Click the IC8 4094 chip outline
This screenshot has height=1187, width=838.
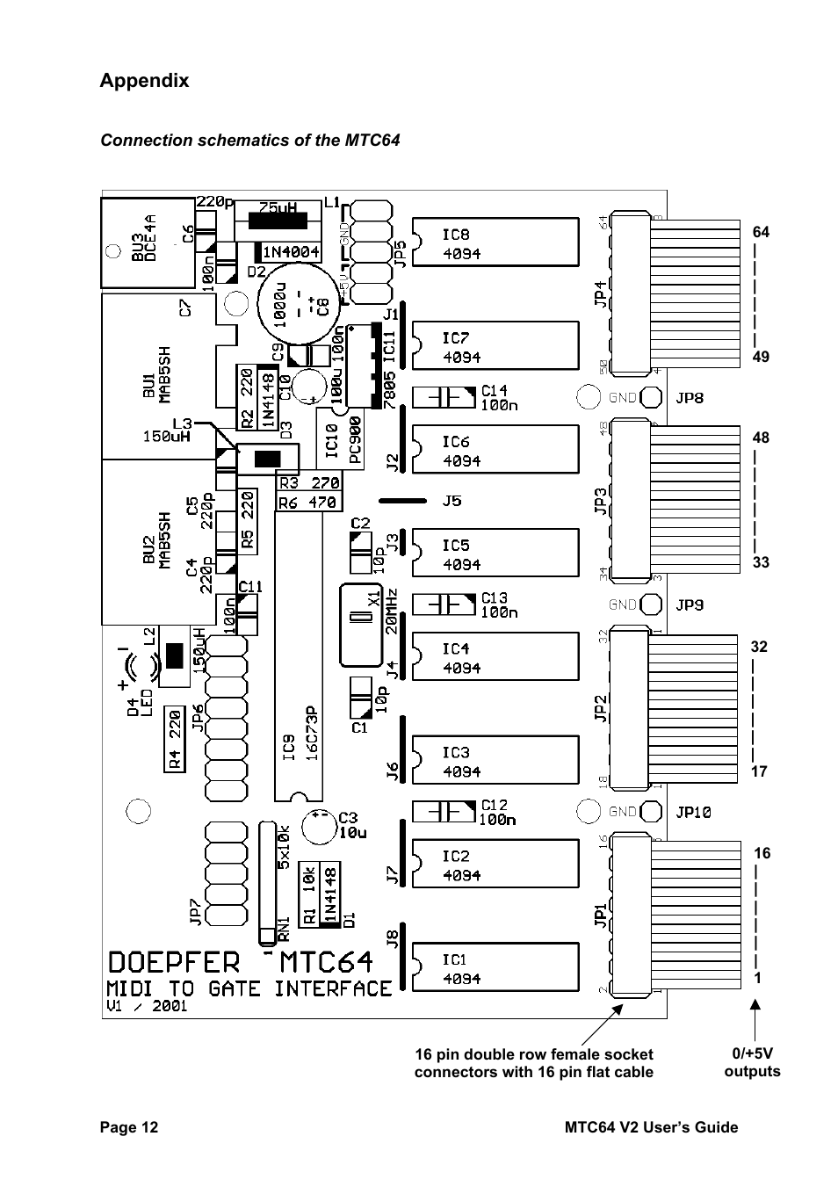click(x=495, y=242)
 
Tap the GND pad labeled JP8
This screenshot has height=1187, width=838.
click(x=652, y=397)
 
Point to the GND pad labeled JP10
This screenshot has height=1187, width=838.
click(x=652, y=811)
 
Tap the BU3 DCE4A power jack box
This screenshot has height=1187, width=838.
click(x=146, y=242)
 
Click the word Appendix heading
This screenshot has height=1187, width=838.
click(x=144, y=81)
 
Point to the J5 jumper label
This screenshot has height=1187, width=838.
click(x=452, y=502)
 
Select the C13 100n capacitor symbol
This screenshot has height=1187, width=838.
click(x=444, y=604)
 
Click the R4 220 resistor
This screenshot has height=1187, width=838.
click(x=175, y=740)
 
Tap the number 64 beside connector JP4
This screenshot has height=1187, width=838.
click(x=761, y=232)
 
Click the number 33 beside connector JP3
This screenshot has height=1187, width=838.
click(x=761, y=562)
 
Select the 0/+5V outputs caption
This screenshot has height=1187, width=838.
click(x=752, y=1062)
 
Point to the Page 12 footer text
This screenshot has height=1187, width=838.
click(x=129, y=1127)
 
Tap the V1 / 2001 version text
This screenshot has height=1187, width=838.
click(x=147, y=1007)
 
